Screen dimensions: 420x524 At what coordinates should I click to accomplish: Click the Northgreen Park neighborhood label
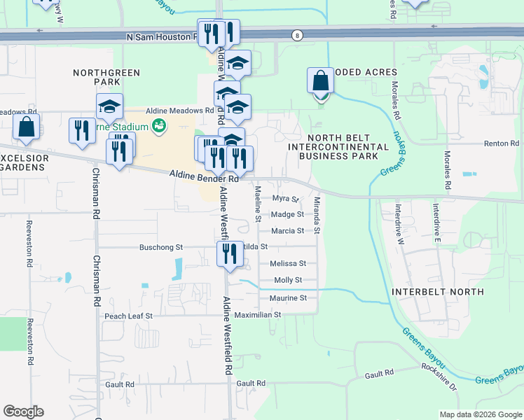click(106, 77)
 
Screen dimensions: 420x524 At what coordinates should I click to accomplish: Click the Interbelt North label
click(438, 291)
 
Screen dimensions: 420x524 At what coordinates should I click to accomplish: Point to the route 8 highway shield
click(298, 36)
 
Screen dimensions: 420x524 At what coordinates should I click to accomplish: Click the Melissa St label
click(288, 264)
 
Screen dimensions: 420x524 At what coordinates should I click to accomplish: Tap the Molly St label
click(288, 280)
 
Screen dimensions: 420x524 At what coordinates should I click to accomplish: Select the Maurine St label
click(288, 298)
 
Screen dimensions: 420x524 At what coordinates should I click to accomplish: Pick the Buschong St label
click(161, 247)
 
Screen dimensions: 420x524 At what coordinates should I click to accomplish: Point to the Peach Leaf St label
click(128, 316)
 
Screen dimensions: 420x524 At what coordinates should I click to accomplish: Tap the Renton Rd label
click(499, 143)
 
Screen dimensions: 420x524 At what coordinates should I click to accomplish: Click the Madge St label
click(287, 215)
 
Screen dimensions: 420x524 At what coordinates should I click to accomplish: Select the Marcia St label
click(287, 231)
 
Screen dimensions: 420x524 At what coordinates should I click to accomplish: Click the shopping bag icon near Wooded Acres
click(320, 80)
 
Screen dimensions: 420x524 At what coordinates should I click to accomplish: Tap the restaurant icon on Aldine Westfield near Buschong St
click(230, 255)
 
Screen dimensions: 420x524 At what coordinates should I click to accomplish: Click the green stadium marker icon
click(159, 126)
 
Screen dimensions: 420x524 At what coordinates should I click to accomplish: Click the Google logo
click(23, 412)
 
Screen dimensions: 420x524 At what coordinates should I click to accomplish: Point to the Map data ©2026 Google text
click(479, 414)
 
